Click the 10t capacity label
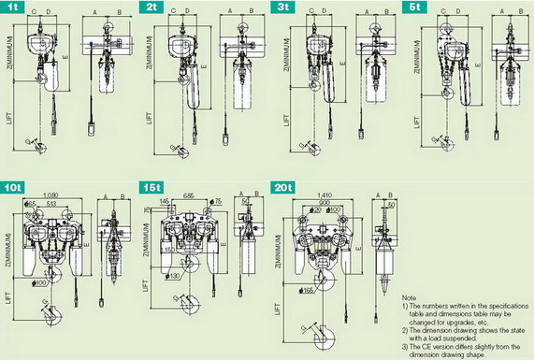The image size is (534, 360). point(16,186)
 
